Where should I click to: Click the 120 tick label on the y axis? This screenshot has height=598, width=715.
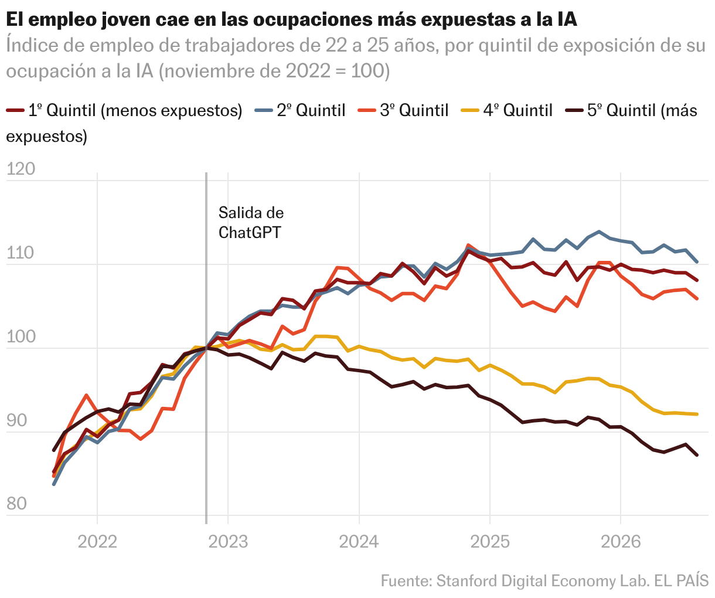coord(21,169)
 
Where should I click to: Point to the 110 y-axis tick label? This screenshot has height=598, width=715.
coord(20,253)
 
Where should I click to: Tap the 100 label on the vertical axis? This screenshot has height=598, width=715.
coord(21,337)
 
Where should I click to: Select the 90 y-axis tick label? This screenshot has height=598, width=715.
coord(16,420)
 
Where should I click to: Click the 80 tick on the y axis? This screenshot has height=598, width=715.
coord(16,504)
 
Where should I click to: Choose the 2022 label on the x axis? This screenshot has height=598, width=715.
coord(97,542)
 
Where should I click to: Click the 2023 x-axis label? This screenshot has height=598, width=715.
coord(228,542)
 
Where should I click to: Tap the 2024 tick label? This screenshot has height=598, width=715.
coord(359,542)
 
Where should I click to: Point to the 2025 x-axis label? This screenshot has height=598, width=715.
coord(490,542)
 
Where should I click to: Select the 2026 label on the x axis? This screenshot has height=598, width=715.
coord(621,542)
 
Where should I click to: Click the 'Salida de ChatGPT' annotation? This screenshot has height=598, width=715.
coord(251,223)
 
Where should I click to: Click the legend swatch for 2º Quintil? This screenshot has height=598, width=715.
coord(263,110)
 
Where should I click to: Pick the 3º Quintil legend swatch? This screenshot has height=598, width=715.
coord(366,110)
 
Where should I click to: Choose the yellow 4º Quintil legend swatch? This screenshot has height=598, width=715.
coord(470,110)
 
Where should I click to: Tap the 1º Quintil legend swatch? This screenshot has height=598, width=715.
coord(15,110)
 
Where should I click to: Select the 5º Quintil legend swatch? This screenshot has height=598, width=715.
coord(574,110)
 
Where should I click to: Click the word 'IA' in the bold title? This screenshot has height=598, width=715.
coord(567,19)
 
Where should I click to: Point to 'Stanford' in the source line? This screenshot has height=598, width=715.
coord(467,580)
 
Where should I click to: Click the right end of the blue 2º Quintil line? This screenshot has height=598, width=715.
coord(697,262)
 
